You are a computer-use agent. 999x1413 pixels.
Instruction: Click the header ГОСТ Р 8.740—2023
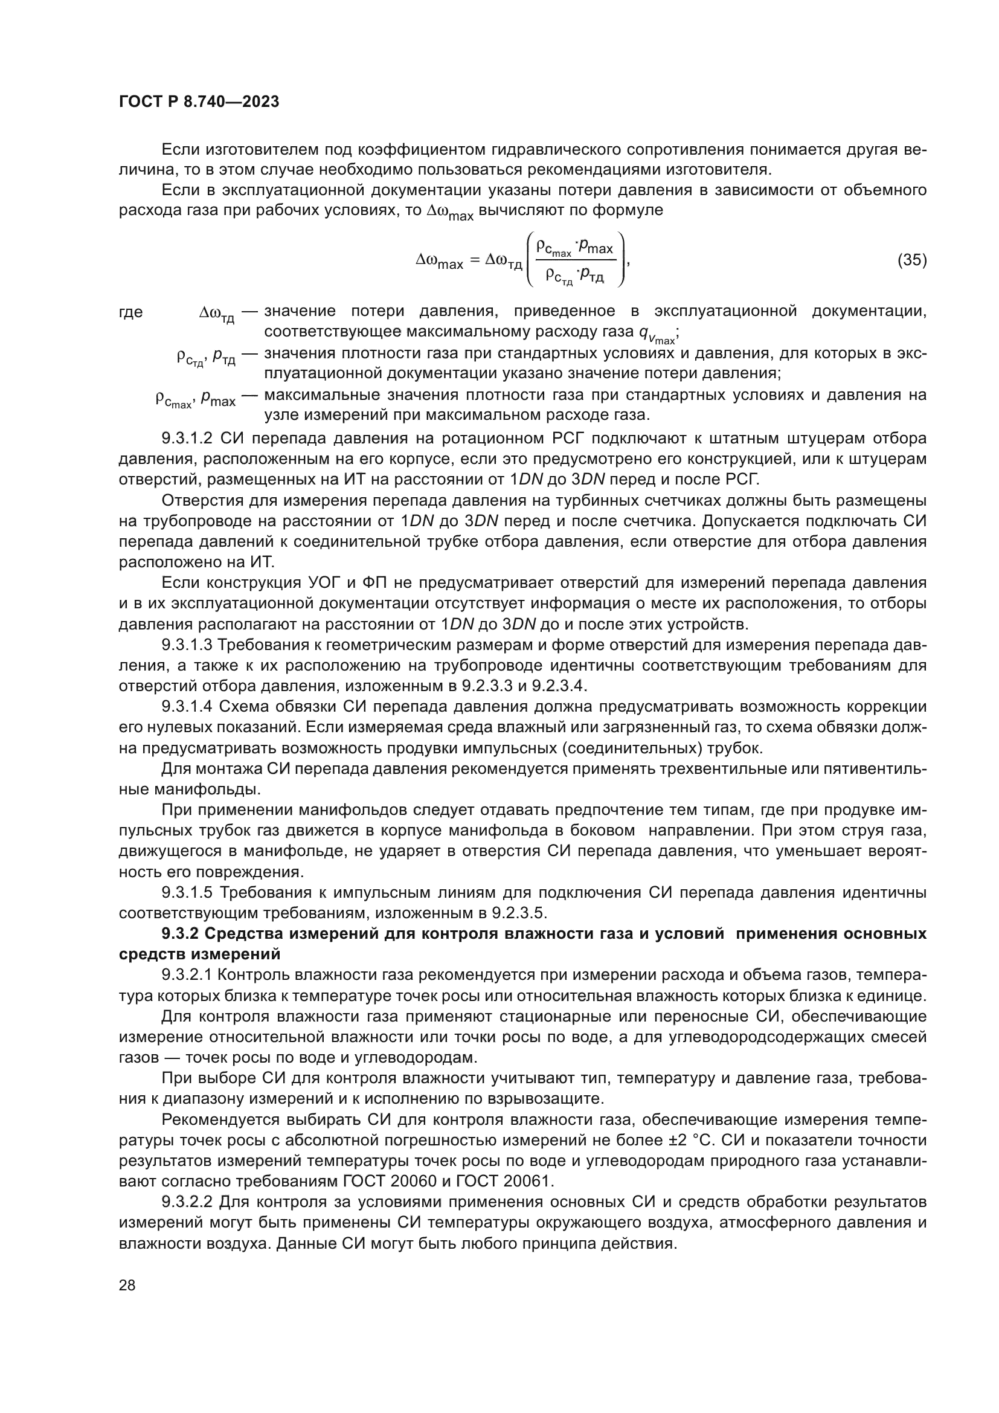click(x=199, y=101)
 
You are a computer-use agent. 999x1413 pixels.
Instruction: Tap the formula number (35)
click(x=911, y=260)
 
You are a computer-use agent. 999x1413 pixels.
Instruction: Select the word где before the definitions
click(x=130, y=312)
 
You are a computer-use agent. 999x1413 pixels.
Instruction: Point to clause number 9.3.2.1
click(x=187, y=975)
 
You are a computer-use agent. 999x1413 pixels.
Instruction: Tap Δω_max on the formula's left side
click(x=439, y=262)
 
